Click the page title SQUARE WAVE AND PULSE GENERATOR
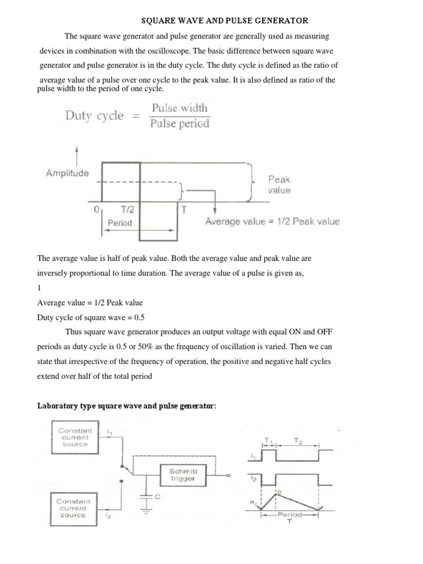coord(225,20)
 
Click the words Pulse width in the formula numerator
coord(180,108)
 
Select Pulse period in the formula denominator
coord(180,123)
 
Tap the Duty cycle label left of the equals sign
coord(94,116)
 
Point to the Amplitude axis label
coord(67,172)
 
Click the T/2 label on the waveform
coord(128,210)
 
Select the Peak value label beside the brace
coord(279,185)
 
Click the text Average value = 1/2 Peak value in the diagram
coord(272,222)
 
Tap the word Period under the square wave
coord(120,223)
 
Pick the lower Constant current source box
coord(74,508)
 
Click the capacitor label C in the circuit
coord(157,497)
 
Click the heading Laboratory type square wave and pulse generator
coord(127,406)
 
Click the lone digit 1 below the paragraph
coord(39,288)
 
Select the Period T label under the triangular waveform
coord(290,518)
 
